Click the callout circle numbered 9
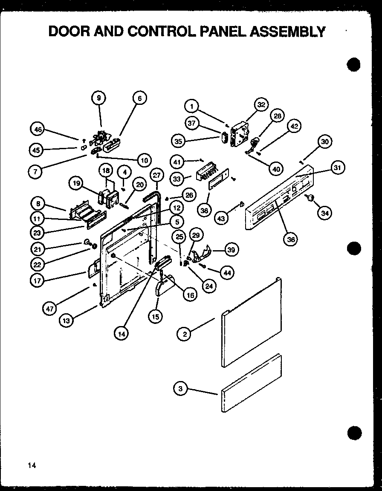tap(98, 98)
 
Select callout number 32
tap(261, 104)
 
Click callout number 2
tap(184, 334)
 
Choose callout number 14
tap(122, 335)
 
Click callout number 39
tap(232, 250)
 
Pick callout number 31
tap(337, 168)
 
